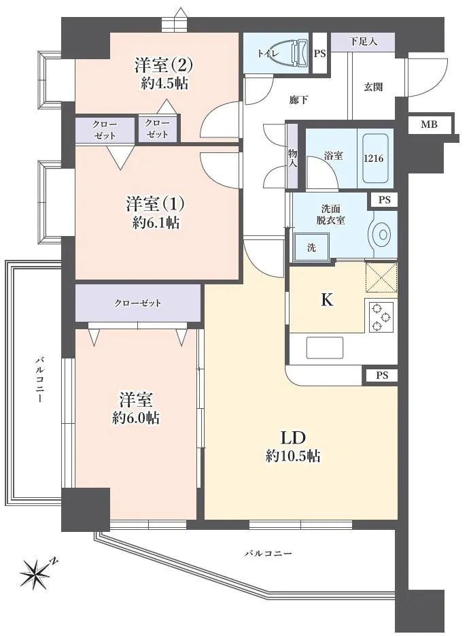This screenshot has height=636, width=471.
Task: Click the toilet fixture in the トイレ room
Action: pos(298,52)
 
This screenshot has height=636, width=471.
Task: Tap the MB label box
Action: pos(428,124)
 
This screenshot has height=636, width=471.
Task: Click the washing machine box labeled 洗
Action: pos(311,247)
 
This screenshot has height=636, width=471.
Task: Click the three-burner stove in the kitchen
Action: pos(381,316)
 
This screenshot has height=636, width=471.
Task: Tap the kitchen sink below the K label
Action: pos(325,348)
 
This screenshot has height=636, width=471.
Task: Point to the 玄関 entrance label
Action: pos(372,87)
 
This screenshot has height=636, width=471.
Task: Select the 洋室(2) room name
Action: pos(164,65)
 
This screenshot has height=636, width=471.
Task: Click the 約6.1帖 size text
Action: pos(156,222)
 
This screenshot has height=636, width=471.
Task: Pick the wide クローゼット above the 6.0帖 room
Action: pos(138,303)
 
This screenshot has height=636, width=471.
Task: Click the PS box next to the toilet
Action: pos(319,53)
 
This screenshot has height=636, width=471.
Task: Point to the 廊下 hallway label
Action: pos(298,101)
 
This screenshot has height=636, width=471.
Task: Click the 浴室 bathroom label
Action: pos(333,156)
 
